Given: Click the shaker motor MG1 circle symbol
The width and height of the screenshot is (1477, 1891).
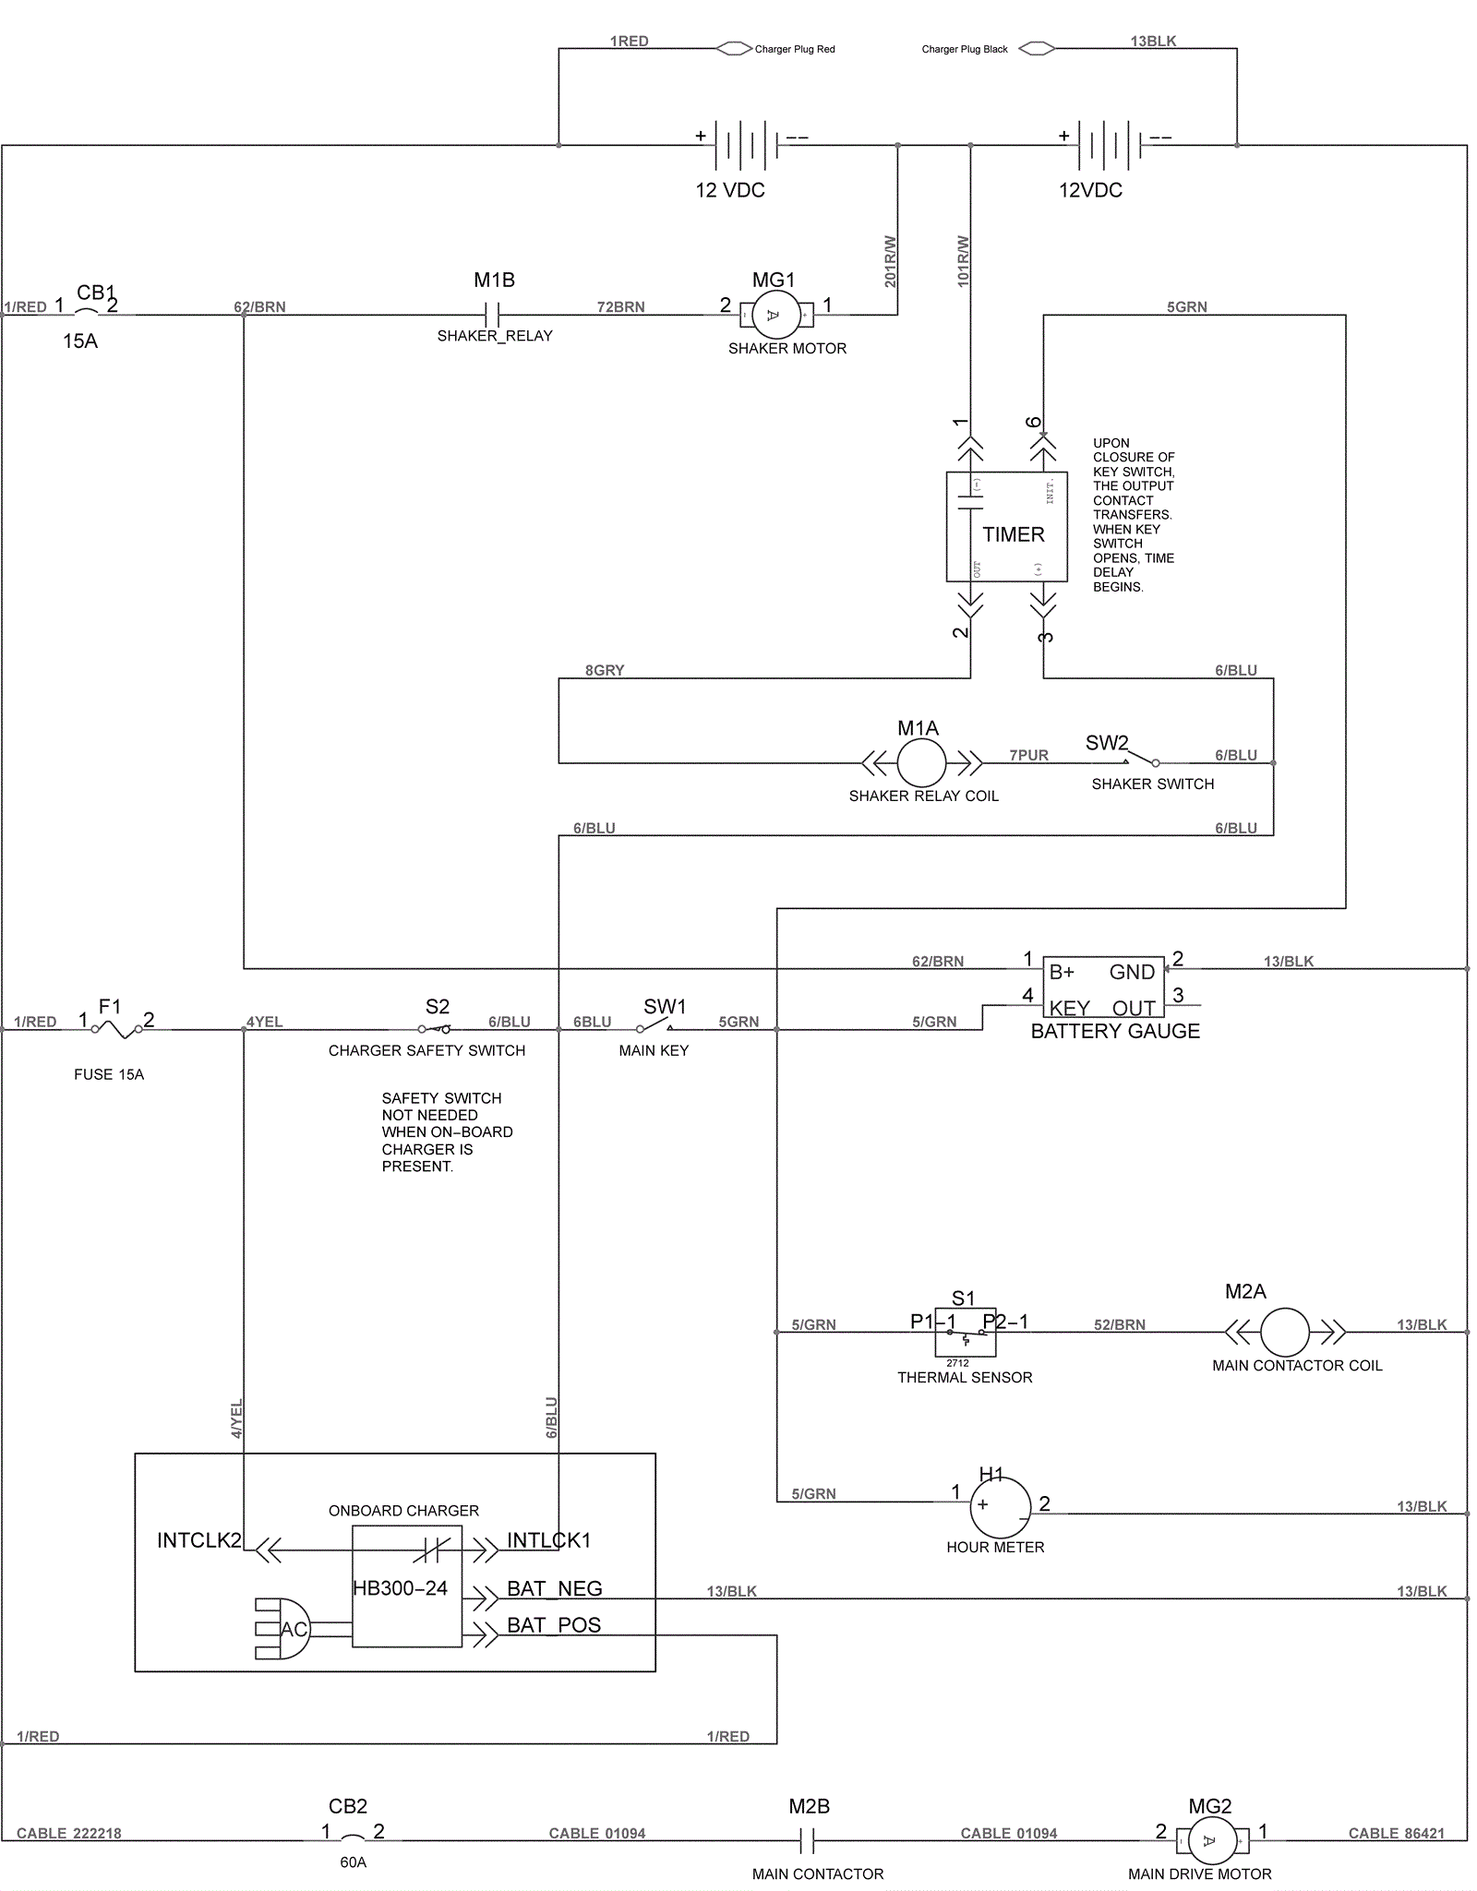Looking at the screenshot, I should point(774,316).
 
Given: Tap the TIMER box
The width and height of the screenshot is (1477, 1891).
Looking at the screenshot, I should point(1006,527).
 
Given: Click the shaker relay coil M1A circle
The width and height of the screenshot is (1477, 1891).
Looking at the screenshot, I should point(921,763).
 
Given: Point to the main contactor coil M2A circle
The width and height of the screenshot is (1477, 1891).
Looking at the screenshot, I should point(1284,1332).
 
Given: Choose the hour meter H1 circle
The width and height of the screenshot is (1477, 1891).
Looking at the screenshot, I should point(1000,1506).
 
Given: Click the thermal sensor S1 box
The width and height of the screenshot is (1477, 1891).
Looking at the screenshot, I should point(965,1332).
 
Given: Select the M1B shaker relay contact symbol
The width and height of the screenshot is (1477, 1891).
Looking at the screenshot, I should point(492,316).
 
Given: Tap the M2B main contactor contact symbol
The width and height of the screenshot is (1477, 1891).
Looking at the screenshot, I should point(807,1842).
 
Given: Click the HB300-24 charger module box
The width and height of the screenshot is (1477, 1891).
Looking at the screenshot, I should point(406,1586).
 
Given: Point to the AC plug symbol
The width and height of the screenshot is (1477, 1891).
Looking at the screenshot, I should point(285,1629).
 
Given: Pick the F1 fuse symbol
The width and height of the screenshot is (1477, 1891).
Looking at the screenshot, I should point(116,1028).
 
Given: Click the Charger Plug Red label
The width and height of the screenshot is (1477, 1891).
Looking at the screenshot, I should point(794,49).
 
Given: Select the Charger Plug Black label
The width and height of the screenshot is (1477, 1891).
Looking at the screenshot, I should point(965,49).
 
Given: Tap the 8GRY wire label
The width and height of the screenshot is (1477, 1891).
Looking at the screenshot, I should point(605,670).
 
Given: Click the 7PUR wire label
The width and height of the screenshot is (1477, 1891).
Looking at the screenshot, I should point(1028,755).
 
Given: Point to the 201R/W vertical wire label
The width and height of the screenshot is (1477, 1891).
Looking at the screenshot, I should point(890,261).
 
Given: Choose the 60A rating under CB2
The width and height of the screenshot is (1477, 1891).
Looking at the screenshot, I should point(353,1862).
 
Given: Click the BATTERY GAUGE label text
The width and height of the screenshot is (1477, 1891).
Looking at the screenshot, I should point(1115,1031).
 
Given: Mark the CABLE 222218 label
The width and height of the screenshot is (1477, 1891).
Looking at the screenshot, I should point(69,1833).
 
